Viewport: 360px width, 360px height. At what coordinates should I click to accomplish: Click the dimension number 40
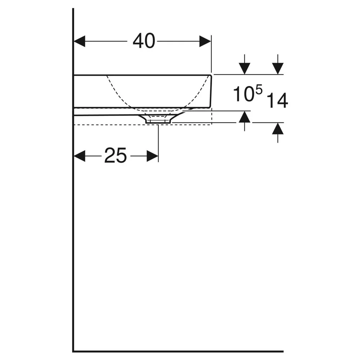pos(144,41)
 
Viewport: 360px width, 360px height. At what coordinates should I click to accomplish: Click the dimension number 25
pos(115,156)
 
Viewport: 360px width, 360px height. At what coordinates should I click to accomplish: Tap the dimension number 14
pos(277,100)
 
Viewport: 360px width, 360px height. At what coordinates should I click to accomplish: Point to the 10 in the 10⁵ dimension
pos(243,94)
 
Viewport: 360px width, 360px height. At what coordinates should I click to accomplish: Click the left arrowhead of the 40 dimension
pos(80,41)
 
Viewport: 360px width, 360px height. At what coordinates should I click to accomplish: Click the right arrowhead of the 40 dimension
pos(205,41)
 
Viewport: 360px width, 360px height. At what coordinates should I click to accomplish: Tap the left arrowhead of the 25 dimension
pos(80,156)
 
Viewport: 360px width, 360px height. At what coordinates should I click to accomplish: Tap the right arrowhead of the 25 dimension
pos(152,156)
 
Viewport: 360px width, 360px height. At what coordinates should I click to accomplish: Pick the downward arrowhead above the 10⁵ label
pos(244,68)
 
